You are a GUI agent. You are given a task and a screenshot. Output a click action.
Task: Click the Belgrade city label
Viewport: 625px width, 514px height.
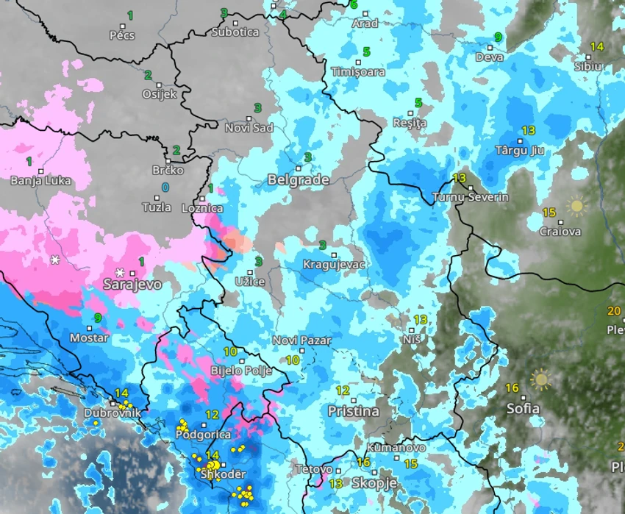298,179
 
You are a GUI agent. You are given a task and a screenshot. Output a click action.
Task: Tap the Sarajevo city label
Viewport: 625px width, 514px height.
132,284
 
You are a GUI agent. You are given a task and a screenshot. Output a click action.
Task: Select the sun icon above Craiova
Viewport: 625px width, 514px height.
575,206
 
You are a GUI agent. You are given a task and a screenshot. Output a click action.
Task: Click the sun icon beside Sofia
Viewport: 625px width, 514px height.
541,379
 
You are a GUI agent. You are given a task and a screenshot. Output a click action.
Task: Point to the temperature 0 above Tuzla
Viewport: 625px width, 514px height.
165,188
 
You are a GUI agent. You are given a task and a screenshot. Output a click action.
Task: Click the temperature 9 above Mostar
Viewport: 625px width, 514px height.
98,318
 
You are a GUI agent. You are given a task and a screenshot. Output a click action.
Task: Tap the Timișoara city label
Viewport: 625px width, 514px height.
358,72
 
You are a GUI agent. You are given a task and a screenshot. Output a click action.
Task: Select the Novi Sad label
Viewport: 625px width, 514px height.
249,128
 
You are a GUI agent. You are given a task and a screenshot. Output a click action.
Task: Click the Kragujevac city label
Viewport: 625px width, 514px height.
335,265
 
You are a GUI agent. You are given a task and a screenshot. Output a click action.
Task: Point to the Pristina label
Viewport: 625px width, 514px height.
353,411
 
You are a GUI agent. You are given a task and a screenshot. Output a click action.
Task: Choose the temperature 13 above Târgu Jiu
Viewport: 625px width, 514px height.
528,131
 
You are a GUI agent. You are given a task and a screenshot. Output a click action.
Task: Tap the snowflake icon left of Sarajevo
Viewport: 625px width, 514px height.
55,260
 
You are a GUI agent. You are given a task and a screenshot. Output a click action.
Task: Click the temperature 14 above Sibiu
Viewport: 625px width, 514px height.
596,46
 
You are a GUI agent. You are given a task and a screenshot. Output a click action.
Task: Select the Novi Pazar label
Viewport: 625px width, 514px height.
301,340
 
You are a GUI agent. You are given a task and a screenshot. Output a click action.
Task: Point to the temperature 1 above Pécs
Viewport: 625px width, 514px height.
130,15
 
